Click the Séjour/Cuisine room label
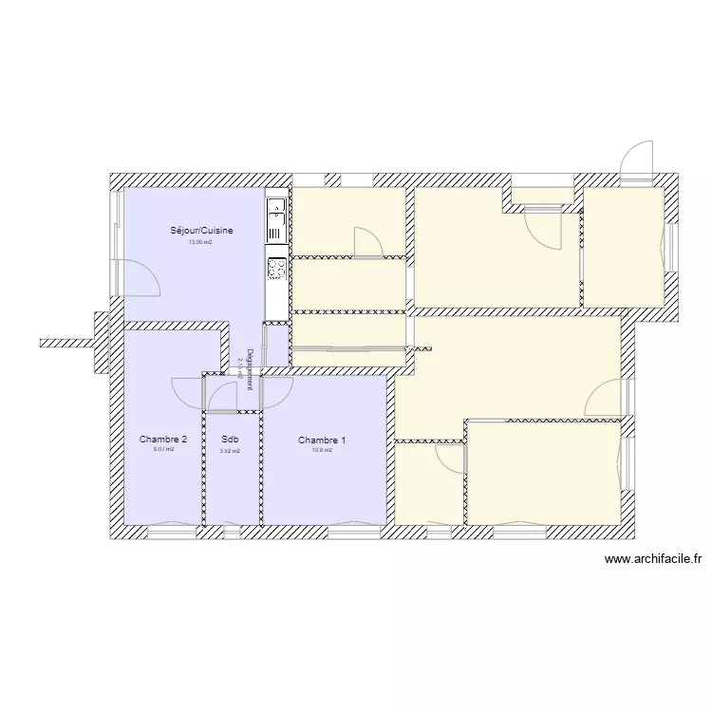point(201,231)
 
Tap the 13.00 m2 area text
point(200,242)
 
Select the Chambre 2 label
point(163,440)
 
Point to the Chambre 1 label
point(322,440)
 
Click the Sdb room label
point(230,440)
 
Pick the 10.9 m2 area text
point(322,450)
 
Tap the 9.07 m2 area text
point(163,450)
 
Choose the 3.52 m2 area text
point(230,451)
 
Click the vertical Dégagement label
point(250,368)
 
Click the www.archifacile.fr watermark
point(653,561)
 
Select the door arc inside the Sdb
point(222,396)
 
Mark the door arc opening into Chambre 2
point(186,389)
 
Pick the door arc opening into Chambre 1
point(277,389)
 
